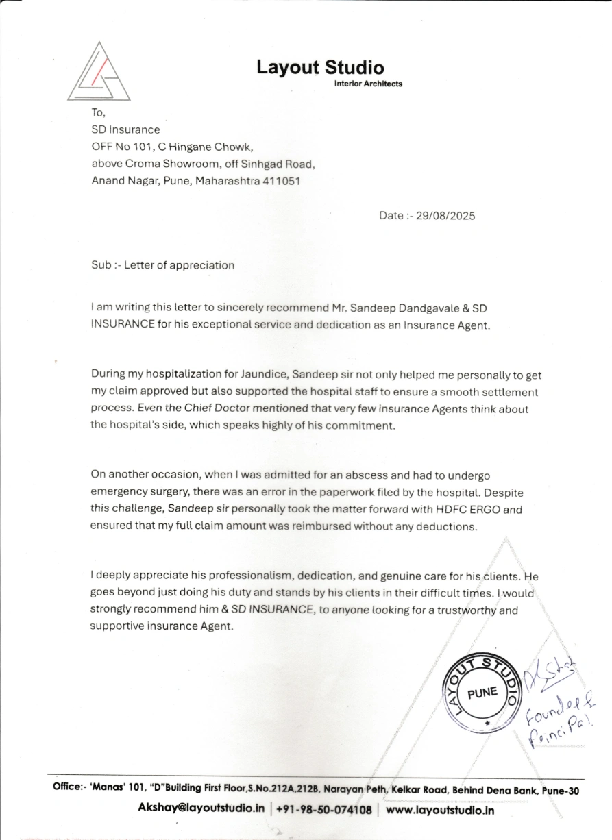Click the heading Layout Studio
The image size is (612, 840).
coord(320,67)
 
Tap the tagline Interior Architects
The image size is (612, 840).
coord(368,84)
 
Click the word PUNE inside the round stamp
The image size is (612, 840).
coord(482,692)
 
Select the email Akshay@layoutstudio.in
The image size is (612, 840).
coord(201,808)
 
